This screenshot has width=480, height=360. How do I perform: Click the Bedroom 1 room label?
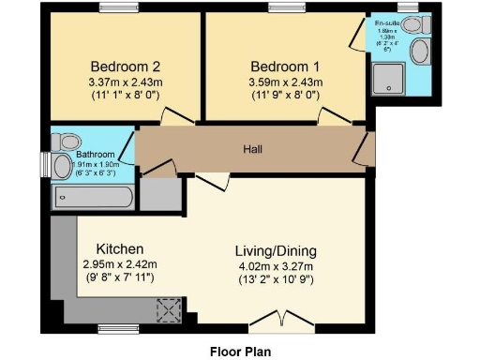coord(284,67)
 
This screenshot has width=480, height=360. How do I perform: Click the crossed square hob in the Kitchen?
coord(171,308)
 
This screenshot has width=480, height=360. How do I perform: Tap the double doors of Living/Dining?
coord(286,319)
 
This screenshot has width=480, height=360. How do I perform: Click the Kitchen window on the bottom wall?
coord(117,328)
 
